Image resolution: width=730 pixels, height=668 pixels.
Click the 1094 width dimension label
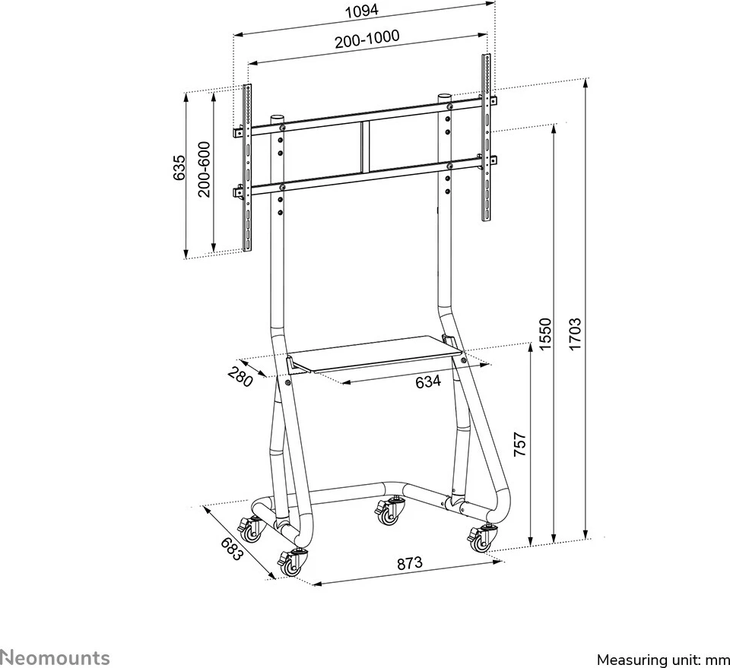click(361, 10)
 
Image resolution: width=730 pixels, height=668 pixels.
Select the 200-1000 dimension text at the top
click(367, 39)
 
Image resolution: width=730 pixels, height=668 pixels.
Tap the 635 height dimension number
click(179, 168)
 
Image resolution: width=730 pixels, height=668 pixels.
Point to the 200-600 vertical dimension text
click(204, 169)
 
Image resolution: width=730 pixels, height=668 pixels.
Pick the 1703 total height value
click(575, 334)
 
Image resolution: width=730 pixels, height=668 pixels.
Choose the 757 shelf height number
click(519, 445)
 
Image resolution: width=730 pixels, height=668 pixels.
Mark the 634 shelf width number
click(428, 381)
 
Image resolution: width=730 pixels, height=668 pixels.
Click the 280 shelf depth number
click(240, 376)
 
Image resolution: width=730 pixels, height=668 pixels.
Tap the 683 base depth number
click(232, 549)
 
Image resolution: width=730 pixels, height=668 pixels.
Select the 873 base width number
click(410, 563)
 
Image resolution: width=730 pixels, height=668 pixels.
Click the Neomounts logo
click(55, 658)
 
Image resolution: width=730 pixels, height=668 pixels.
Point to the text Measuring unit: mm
click(663, 660)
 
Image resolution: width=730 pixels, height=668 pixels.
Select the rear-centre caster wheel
click(389, 511)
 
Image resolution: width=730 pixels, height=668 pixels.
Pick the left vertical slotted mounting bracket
click(247, 167)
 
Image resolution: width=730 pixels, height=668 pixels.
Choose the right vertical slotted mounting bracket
click(486, 137)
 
